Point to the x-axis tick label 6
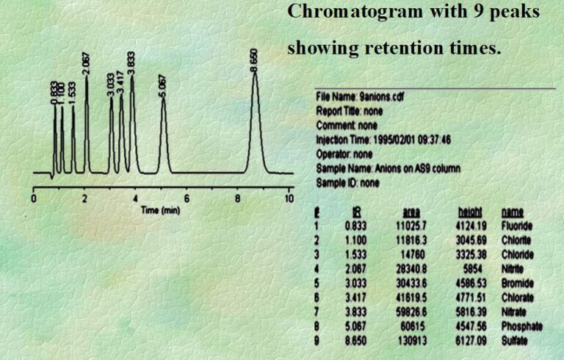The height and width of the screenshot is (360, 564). pyautogui.click(x=187, y=199)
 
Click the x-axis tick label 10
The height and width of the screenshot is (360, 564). pyautogui.click(x=289, y=199)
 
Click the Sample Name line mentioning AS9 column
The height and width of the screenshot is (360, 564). pyautogui.click(x=388, y=168)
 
